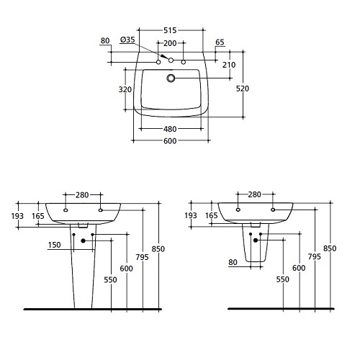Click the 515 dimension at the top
(x=170, y=30)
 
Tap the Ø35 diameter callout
(x=127, y=40)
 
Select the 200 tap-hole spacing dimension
(x=170, y=43)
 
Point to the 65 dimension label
(x=220, y=42)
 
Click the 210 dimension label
(x=229, y=65)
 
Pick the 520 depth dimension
(x=243, y=89)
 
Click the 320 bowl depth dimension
(x=125, y=89)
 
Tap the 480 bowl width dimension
(x=170, y=129)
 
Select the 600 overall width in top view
(x=170, y=141)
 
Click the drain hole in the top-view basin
(x=171, y=78)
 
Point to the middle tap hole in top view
(x=171, y=60)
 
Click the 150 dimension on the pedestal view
(x=55, y=245)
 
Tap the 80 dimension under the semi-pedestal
(x=233, y=262)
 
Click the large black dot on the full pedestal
(x=84, y=240)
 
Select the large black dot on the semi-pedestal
(x=256, y=240)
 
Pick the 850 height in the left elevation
(x=158, y=249)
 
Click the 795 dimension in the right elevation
(x=315, y=257)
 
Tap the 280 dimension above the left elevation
(x=82, y=195)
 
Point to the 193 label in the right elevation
(x=191, y=215)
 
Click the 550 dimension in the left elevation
(x=110, y=280)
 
